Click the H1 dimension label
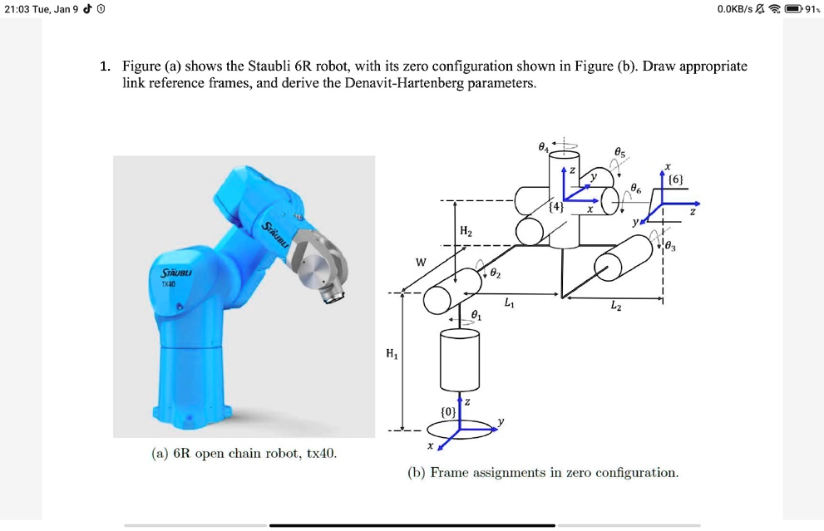392,354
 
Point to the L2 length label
615,307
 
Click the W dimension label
421,263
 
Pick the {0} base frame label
448,411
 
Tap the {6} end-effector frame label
676,179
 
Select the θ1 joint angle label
476,316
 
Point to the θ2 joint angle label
496,272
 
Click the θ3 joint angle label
672,245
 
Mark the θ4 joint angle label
544,147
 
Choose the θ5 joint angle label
620,152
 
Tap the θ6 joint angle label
636,189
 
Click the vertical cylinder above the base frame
459,358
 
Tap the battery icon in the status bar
794,9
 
